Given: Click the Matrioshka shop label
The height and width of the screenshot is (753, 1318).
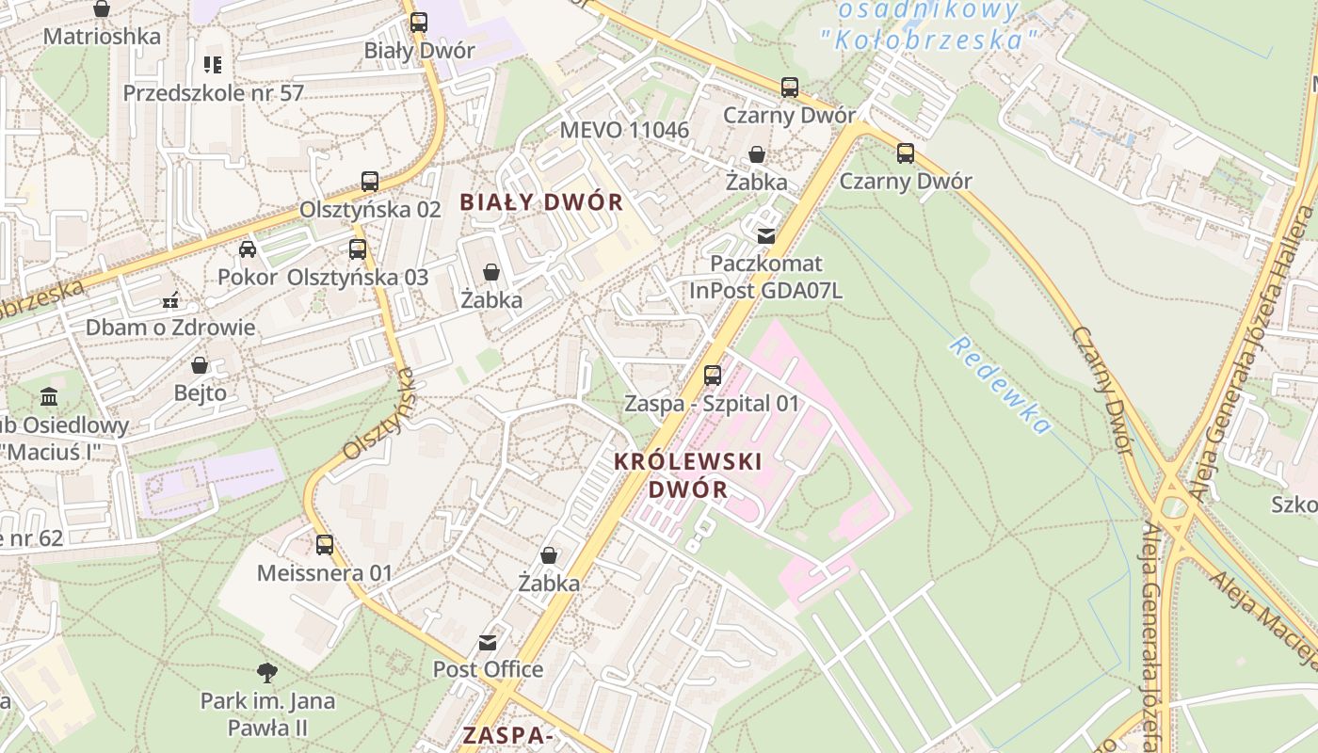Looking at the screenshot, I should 102,37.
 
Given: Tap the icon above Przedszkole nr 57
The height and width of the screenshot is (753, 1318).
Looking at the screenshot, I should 212,65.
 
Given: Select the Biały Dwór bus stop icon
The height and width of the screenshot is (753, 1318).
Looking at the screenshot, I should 419,23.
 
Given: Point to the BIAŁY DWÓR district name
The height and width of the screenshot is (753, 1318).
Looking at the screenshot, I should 541,202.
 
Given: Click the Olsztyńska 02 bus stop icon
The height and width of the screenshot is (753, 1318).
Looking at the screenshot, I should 370,182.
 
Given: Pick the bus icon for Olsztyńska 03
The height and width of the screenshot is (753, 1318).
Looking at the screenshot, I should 358,249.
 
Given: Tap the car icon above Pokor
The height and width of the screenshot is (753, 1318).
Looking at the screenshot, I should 248,249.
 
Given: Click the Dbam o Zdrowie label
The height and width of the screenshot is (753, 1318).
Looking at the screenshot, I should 170,328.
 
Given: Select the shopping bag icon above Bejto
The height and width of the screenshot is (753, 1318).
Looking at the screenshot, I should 200,365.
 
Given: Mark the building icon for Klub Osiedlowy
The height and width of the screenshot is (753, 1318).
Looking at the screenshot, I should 49,397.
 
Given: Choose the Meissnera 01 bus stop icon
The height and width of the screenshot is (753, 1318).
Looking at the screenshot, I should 325,545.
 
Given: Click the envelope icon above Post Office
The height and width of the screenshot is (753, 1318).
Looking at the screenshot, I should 488,643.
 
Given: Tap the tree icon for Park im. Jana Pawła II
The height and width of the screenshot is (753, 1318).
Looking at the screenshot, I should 267,672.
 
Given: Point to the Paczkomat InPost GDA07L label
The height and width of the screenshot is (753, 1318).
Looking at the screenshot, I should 766,277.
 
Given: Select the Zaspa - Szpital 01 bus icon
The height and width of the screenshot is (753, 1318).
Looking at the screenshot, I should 713,376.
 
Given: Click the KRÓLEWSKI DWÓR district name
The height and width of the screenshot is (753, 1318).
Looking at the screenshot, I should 687,475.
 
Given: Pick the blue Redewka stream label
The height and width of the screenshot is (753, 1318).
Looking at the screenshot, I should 999,386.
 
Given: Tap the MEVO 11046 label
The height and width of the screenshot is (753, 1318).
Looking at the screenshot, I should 624,130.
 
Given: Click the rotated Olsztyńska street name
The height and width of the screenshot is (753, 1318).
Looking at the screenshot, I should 378,414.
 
